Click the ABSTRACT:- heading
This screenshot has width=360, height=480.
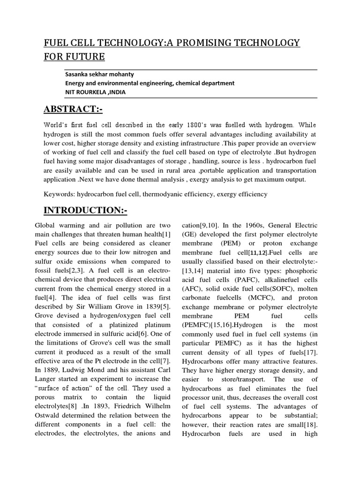pyautogui.click(x=73, y=110)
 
